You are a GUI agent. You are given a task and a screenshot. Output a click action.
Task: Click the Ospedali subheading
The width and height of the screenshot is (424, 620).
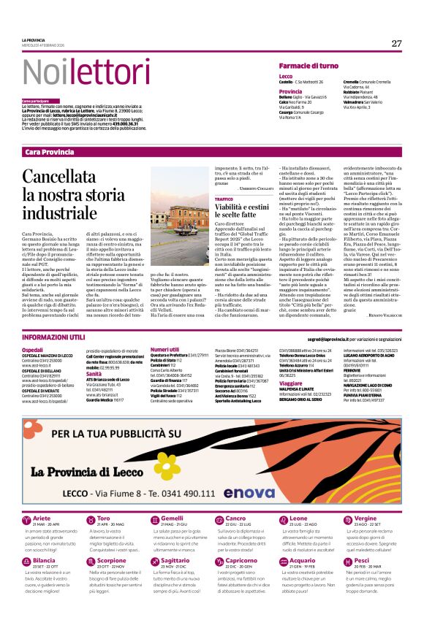point(33,351)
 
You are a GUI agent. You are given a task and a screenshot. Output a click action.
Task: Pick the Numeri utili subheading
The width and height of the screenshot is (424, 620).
point(165,351)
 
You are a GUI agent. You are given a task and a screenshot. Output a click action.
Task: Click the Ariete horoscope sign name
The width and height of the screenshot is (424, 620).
point(44,498)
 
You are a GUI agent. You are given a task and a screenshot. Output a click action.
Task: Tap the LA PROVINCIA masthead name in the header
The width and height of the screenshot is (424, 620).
point(33,39)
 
